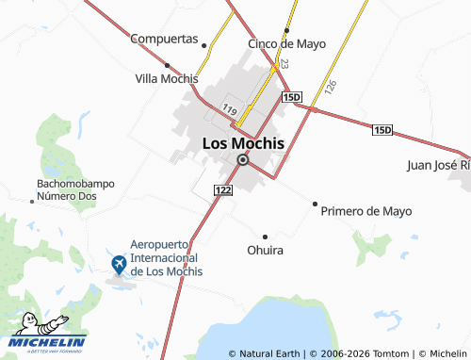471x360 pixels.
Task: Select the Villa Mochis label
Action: pyautogui.click(x=167, y=77)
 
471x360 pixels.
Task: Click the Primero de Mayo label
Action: pyautogui.click(x=366, y=211)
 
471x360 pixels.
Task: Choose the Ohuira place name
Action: pyautogui.click(x=265, y=251)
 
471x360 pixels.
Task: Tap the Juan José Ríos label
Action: pyautogui.click(x=437, y=165)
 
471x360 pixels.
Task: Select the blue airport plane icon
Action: pyautogui.click(x=120, y=263)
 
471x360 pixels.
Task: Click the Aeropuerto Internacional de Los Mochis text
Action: pyautogui.click(x=166, y=256)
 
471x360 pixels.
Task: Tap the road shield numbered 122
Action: pyautogui.click(x=223, y=190)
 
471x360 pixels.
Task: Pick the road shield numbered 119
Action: pyautogui.click(x=231, y=109)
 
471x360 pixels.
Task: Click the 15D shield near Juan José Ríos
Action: pyautogui.click(x=382, y=129)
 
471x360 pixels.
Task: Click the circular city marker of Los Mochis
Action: pyautogui.click(x=242, y=160)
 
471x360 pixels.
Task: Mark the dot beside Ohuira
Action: pyautogui.click(x=265, y=236)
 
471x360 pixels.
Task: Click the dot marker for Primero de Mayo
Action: pyautogui.click(x=315, y=204)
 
